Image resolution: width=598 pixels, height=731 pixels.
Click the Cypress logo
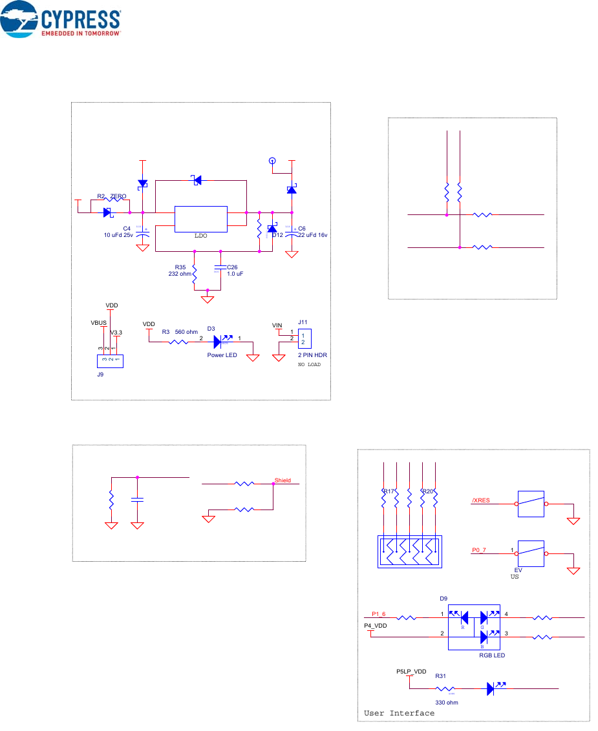tap(62, 22)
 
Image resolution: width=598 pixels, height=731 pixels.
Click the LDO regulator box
tap(200, 219)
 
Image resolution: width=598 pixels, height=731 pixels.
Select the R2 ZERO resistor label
tap(111, 196)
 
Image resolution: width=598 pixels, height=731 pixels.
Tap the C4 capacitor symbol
tap(144, 233)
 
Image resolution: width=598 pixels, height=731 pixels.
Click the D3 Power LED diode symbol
tap(218, 343)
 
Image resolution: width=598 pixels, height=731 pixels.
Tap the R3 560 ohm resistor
tap(178, 343)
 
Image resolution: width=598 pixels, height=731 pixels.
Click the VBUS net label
tap(98, 321)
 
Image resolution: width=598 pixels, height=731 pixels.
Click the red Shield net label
tap(283, 480)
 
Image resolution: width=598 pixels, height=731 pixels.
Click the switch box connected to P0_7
tap(530, 554)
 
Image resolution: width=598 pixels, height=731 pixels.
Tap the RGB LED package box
tap(475, 624)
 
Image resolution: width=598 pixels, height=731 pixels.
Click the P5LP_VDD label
tap(411, 672)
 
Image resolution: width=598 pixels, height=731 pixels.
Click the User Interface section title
tap(399, 713)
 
